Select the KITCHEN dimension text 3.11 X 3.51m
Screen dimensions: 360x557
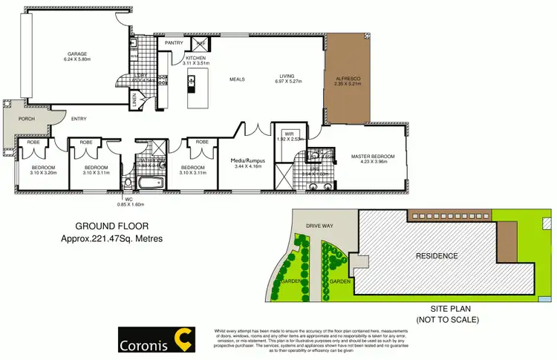tap(198, 64)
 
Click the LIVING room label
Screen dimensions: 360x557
tap(287, 76)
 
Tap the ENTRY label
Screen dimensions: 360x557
tap(79, 118)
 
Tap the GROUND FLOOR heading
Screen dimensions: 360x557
tap(108, 228)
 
